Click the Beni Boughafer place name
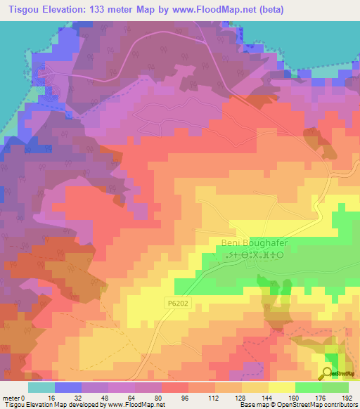click(x=255, y=243)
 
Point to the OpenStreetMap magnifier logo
click(x=329, y=373)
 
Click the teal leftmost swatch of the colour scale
click(x=41, y=387)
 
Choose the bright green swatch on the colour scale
click(x=308, y=387)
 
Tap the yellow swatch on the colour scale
click(x=281, y=387)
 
